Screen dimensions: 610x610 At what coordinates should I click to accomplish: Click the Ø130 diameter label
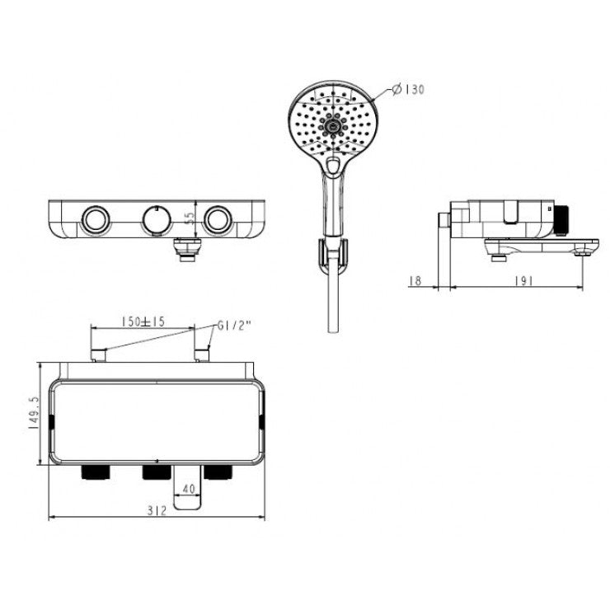click(x=409, y=90)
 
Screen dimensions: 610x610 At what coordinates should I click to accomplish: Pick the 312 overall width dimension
click(x=157, y=510)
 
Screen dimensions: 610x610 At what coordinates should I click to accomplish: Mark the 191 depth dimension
click(x=522, y=281)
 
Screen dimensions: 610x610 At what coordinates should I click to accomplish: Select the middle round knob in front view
click(x=154, y=219)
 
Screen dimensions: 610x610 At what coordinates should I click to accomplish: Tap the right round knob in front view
click(x=218, y=219)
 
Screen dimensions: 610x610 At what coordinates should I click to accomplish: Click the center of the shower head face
click(x=332, y=124)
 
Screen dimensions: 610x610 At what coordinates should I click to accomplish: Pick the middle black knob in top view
click(x=154, y=472)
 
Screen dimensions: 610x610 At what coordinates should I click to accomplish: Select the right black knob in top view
click(x=218, y=472)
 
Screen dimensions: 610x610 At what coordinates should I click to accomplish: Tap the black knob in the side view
click(x=565, y=218)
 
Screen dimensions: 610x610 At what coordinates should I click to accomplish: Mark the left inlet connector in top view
click(x=97, y=354)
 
